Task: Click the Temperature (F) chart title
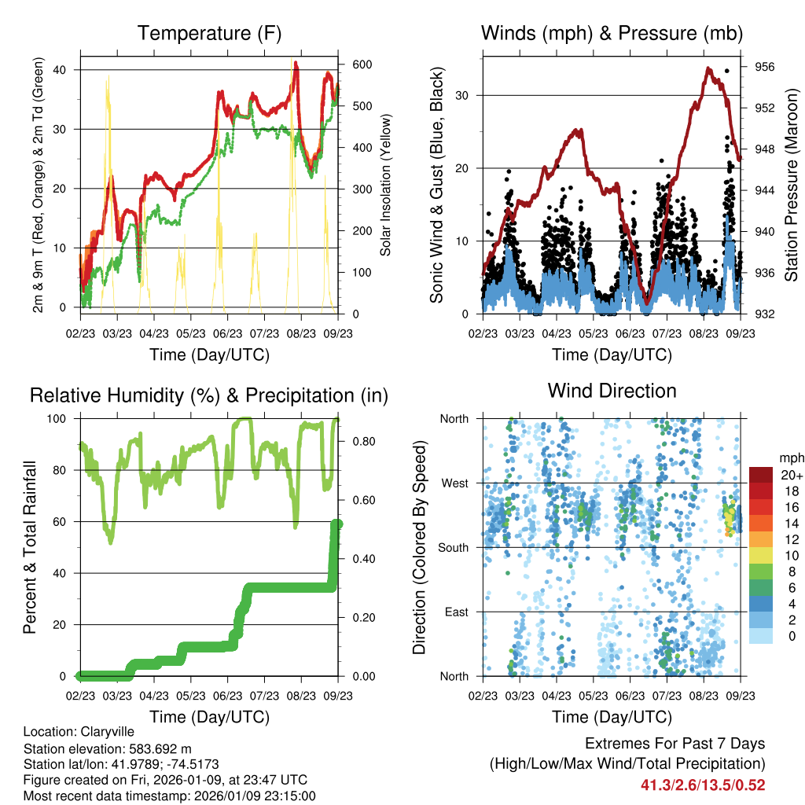click(x=209, y=33)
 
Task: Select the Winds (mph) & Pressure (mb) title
click(x=612, y=33)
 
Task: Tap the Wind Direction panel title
click(x=612, y=391)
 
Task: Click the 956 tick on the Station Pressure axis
click(x=764, y=67)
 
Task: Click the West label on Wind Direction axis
click(x=455, y=483)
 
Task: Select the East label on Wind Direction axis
click(x=457, y=612)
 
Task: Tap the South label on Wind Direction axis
click(x=454, y=547)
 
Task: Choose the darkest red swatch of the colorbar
click(x=762, y=475)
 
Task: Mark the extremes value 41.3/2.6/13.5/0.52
click(x=703, y=785)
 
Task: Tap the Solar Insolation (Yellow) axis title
click(x=386, y=182)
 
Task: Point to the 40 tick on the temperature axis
click(x=68, y=70)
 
